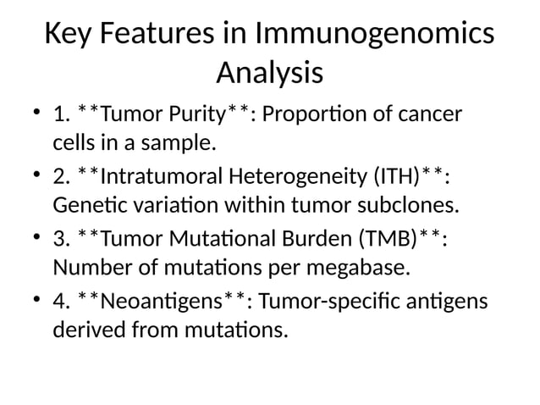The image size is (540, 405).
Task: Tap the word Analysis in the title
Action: (x=269, y=73)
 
